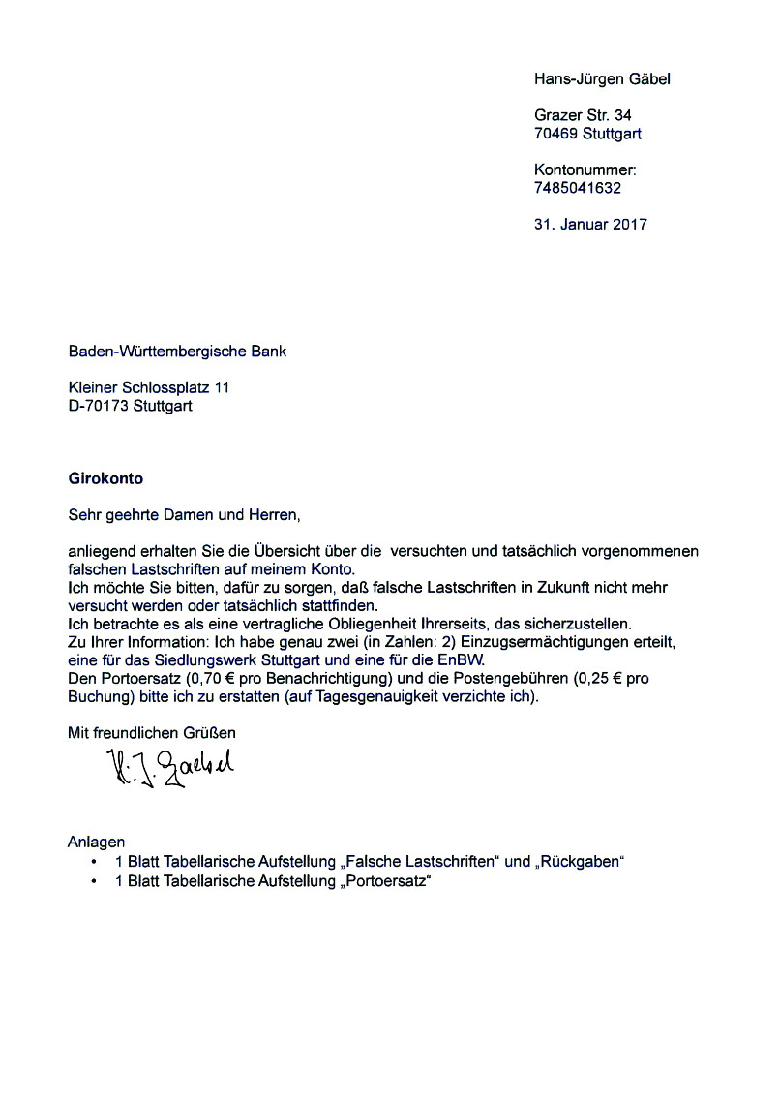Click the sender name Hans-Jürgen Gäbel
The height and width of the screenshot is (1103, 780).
coord(602,78)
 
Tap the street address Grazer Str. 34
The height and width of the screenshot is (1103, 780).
coord(583,115)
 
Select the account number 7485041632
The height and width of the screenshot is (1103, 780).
coord(578,188)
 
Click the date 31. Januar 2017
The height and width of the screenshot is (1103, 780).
coord(590,224)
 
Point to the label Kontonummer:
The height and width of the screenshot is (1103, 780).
coord(585,169)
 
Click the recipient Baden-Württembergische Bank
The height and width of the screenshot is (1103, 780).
coord(177,351)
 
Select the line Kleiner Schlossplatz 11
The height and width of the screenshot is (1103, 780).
coord(149,387)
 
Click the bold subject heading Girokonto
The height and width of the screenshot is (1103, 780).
coord(105,477)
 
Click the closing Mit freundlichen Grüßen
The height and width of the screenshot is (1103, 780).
coord(151,733)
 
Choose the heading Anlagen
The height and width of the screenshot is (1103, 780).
coord(96,842)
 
